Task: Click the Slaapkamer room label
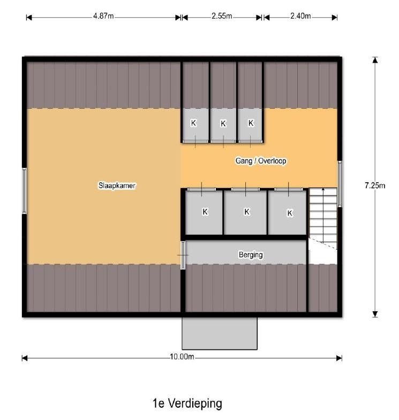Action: pyautogui.click(x=117, y=185)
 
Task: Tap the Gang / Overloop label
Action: pyautogui.click(x=261, y=161)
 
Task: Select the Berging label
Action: pyautogui.click(x=251, y=254)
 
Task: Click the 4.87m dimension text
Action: pyautogui.click(x=103, y=16)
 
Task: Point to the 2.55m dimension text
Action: pyautogui.click(x=222, y=16)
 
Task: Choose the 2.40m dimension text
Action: pyautogui.click(x=300, y=16)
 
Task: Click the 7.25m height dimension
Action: pyautogui.click(x=375, y=185)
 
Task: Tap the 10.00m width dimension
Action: pyautogui.click(x=182, y=357)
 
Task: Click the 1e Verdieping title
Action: pyautogui.click(x=187, y=403)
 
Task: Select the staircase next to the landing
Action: pyautogui.click(x=323, y=219)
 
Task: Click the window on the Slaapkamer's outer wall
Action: pyautogui.click(x=25, y=191)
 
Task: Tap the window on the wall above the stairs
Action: pyautogui.click(x=340, y=184)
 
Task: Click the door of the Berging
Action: pyautogui.click(x=183, y=255)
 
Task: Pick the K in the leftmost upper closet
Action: pyautogui.click(x=193, y=123)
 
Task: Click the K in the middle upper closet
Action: pyautogui.click(x=223, y=123)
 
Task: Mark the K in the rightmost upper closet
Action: pyautogui.click(x=251, y=123)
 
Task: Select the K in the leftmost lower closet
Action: pyautogui.click(x=205, y=212)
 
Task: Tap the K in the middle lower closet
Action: pyautogui.click(x=247, y=212)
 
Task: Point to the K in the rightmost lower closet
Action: pyautogui.click(x=289, y=213)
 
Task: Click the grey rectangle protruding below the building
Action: pyautogui.click(x=220, y=333)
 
